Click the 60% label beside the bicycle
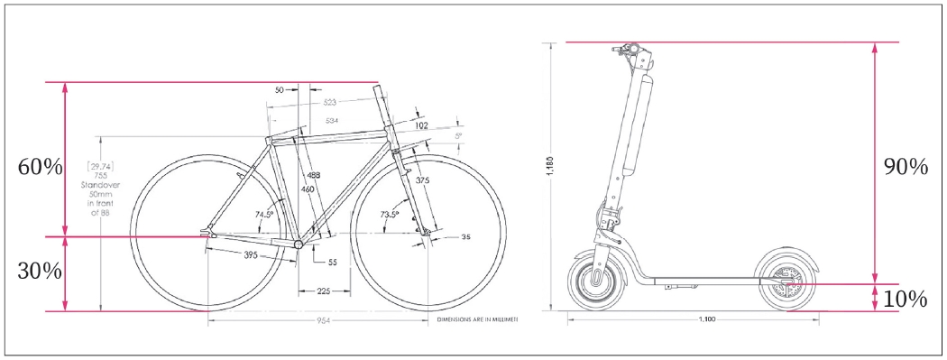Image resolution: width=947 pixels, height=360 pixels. coord(40,167)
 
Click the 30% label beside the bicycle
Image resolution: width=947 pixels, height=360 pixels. coord(40,270)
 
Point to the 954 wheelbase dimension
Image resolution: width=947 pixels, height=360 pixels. coord(315,321)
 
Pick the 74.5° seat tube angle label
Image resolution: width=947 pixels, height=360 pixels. coord(264,215)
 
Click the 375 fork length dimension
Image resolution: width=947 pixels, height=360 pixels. coord(422,180)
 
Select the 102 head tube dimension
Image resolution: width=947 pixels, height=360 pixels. coord(421,125)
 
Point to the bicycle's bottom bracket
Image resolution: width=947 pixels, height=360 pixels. coord(299,245)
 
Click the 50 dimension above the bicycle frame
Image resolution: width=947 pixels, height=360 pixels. coord(280,89)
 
